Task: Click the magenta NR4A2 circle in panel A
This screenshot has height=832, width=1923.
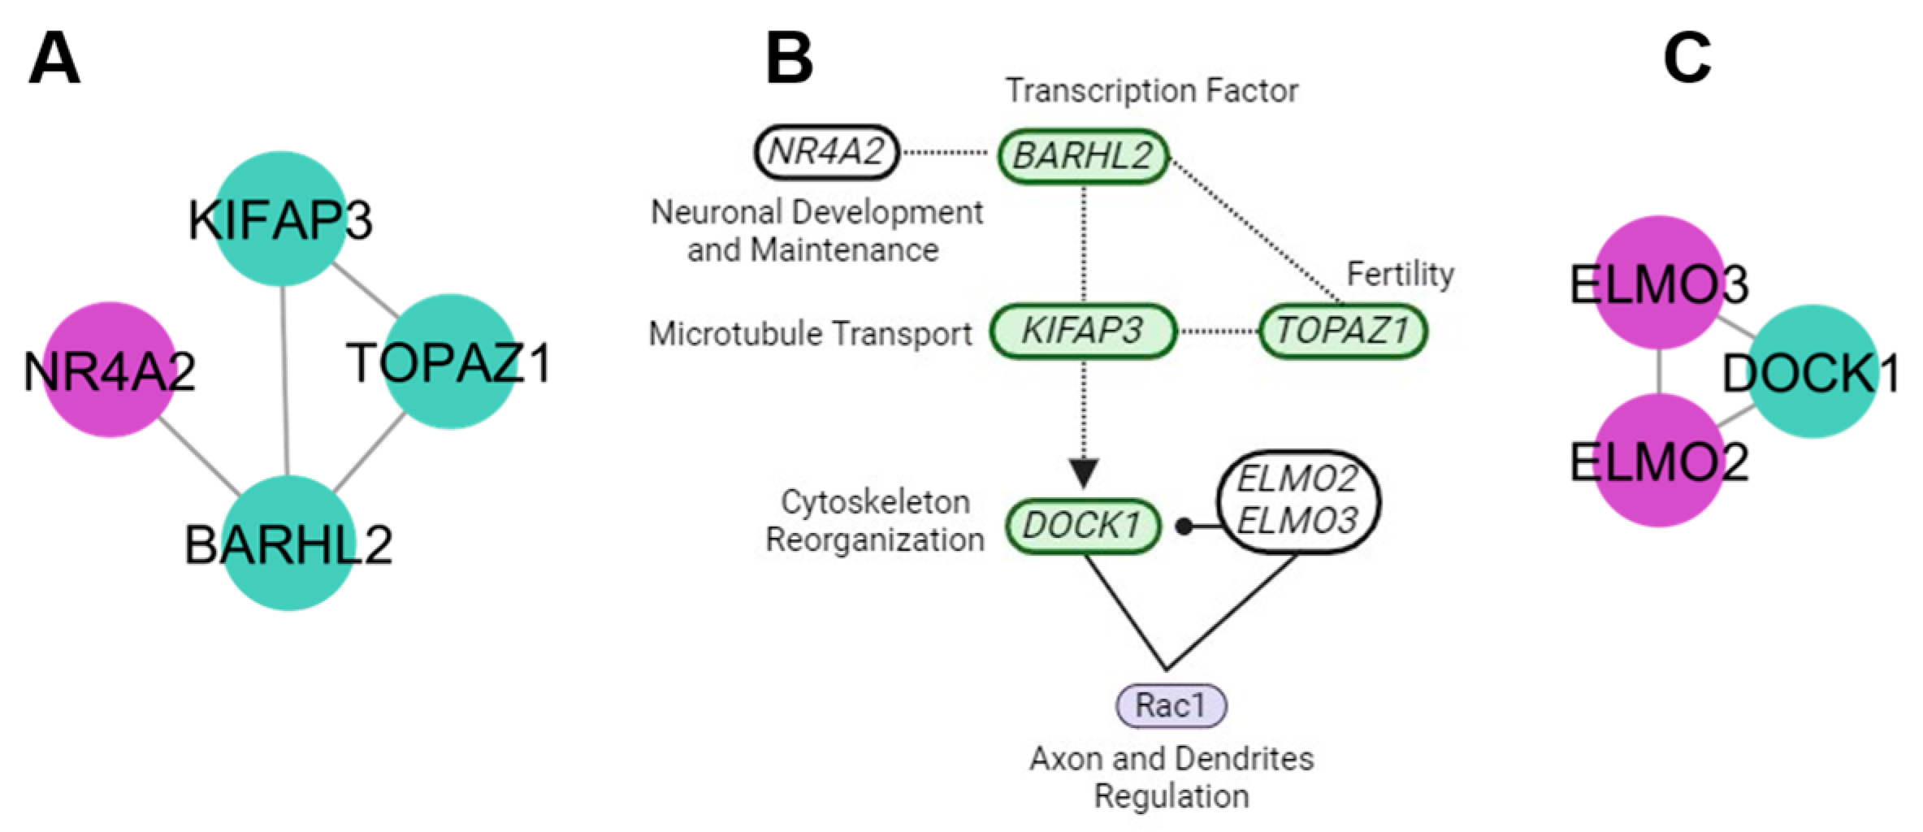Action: point(109,370)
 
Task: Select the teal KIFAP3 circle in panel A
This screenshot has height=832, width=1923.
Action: point(280,219)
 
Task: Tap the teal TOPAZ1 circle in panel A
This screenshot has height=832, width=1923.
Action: point(450,361)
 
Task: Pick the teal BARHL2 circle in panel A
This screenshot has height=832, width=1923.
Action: point(289,543)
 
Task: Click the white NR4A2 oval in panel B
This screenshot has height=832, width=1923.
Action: point(826,152)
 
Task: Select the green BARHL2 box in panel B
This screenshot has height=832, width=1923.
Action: point(1083,155)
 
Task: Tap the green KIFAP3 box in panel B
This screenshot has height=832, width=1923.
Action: point(1082,331)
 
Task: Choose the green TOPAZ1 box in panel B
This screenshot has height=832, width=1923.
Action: point(1342,331)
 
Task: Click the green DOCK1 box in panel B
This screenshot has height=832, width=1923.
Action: point(1082,526)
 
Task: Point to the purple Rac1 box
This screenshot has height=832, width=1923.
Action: point(1171,704)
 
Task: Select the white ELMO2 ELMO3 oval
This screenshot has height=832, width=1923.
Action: point(1297,501)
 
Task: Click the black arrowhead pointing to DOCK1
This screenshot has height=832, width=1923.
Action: point(1083,472)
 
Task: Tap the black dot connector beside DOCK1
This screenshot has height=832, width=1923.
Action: point(1185,527)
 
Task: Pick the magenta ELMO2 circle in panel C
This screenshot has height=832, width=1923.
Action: point(1659,461)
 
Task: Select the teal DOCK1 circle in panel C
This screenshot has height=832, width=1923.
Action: point(1812,372)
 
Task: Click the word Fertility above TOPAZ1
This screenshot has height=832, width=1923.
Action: point(1400,274)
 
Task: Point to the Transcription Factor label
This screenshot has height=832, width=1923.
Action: point(1151,90)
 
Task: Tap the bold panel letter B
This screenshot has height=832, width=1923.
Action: point(789,61)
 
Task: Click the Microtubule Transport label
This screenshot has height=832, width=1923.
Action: point(810,333)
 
